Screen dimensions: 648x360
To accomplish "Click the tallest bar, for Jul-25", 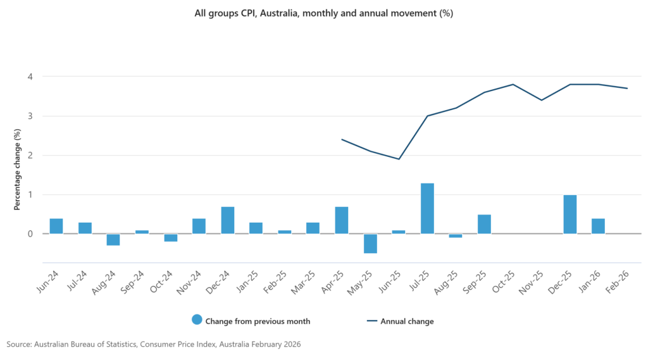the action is pos(427,208).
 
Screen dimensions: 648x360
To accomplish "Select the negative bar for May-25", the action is pos(370,244).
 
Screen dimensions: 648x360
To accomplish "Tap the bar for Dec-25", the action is pos(570,214).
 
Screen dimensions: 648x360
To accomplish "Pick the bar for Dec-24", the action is pos(228,220).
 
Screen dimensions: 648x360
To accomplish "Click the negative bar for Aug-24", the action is pos(113,240).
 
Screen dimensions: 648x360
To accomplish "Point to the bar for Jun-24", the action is pos(56,226).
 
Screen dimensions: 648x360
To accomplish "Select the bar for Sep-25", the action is pos(484,224).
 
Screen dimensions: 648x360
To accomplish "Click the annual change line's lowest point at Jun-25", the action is pos(399,159).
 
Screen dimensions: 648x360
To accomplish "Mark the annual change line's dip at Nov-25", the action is pos(542,100).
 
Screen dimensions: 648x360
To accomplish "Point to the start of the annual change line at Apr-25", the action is pos(342,139).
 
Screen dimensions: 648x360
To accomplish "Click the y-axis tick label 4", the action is pos(30,77).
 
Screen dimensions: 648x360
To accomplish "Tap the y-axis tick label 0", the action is pos(30,234).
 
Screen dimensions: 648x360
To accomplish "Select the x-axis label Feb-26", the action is pos(618,282).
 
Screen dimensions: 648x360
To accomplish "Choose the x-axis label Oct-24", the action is pos(161,282).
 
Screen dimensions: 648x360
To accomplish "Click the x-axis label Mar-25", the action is pos(303,283).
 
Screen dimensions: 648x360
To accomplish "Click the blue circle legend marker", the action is pos(197,320).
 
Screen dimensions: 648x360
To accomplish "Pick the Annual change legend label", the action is pos(407,321).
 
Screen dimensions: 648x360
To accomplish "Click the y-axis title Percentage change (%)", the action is pos(17,170).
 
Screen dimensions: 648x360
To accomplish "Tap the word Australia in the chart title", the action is pos(279,13).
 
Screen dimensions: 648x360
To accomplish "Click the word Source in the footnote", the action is pos(19,344).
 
